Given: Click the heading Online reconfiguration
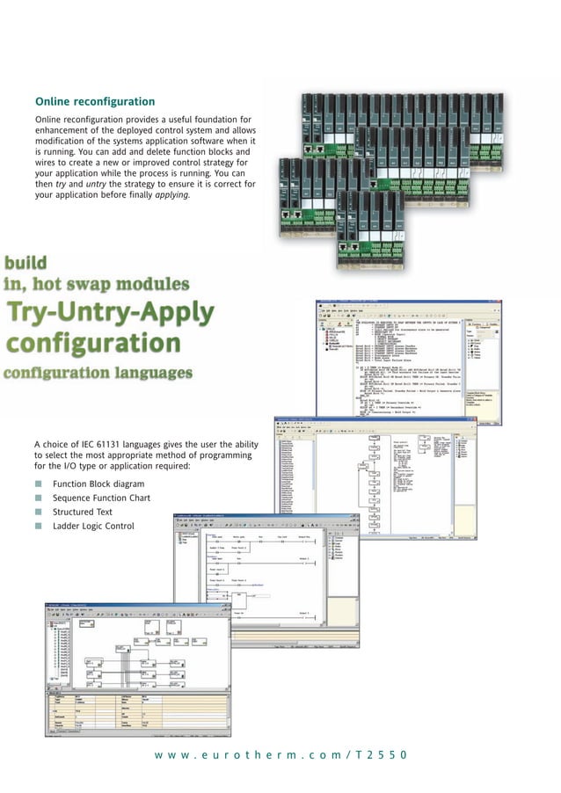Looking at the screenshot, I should pos(94,102).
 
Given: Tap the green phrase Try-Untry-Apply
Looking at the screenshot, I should pos(109,312).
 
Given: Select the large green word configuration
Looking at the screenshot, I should pos(93,343).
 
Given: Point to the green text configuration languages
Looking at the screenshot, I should pos(97,373).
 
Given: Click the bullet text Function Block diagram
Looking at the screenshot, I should pos(98,484).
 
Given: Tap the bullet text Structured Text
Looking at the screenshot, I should pos(82,512).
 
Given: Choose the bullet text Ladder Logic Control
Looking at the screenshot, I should pos(93,526).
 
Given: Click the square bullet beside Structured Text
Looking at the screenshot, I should pos(38,512).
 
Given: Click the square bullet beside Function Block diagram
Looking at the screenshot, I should pos(38,484).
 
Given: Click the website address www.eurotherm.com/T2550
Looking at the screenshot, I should pos(280,755).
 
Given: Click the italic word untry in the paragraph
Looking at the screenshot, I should pos(91,184).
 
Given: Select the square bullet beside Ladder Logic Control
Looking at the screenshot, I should pos(38,526).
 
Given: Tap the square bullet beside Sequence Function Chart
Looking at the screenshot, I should pos(38,498).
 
